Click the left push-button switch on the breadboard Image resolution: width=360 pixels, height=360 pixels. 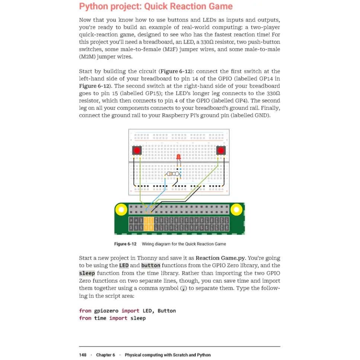[137, 151]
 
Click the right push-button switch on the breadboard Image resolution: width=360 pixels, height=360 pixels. [221, 151]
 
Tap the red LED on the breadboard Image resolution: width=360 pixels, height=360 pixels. [178, 157]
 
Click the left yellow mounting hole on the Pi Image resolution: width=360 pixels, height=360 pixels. [121, 210]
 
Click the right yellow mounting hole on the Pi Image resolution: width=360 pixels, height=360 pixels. [236, 210]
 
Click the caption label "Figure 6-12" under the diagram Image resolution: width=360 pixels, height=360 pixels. [125, 244]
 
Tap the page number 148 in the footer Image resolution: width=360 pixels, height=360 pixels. [83, 355]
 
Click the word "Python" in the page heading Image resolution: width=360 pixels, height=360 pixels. [95, 6]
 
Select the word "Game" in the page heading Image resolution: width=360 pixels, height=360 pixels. [220, 6]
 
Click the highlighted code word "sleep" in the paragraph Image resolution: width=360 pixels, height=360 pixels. [87, 273]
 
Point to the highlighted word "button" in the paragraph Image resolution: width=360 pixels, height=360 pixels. [151, 265]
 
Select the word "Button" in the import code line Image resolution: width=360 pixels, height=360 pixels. [166, 310]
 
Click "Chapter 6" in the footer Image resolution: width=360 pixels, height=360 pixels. [105, 355]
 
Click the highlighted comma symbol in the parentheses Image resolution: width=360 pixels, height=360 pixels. [183, 288]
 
